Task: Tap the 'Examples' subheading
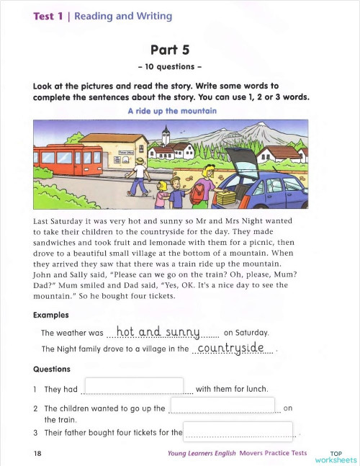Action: coord(52,315)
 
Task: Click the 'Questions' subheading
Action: coord(52,369)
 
